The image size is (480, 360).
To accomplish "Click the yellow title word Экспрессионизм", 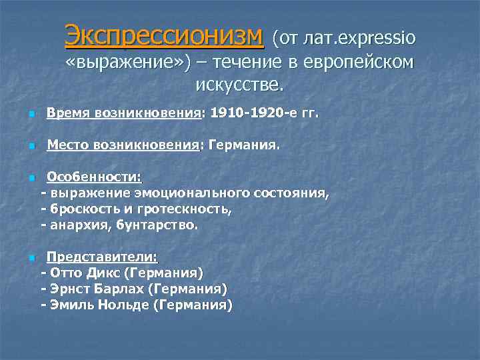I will [164, 37].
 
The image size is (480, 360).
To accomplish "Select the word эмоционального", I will [193, 193].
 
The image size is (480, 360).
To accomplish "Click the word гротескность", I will [193, 209].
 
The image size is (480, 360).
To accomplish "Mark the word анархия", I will [80, 225].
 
